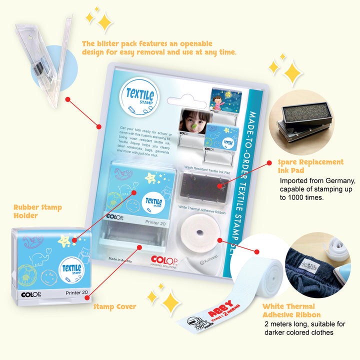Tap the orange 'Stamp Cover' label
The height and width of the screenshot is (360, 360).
[x=114, y=306]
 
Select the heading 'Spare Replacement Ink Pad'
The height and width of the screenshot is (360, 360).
[x=311, y=166]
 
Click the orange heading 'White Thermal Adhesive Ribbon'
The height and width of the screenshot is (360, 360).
[x=289, y=310]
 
